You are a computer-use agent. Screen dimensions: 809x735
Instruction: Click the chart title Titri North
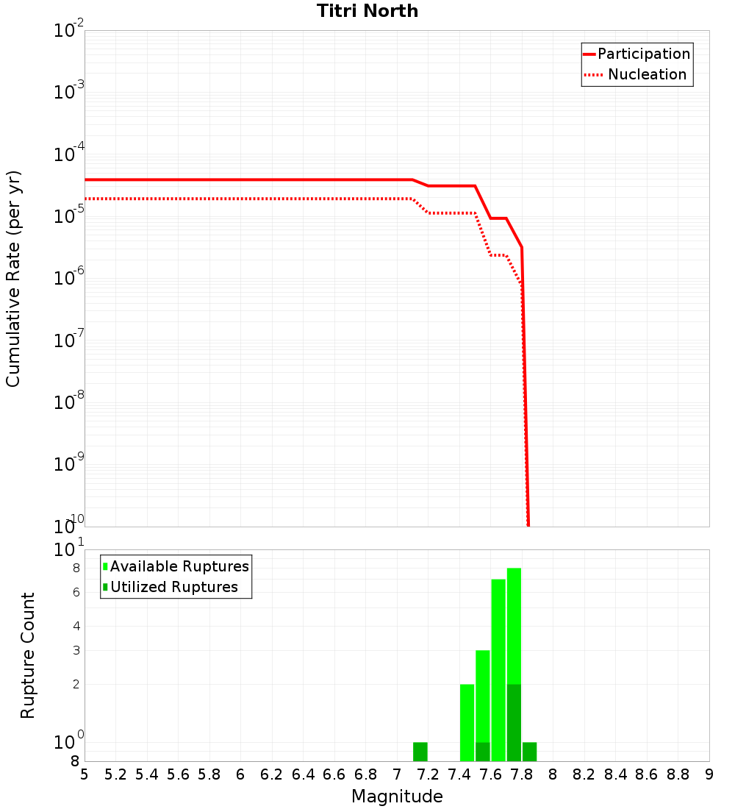(x=367, y=11)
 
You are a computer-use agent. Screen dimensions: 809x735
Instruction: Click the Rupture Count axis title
(x=28, y=655)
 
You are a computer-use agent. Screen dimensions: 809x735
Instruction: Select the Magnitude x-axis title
(x=397, y=796)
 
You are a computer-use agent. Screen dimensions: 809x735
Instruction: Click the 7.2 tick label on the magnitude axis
(x=428, y=774)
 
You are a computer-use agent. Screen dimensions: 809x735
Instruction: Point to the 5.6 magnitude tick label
(x=178, y=774)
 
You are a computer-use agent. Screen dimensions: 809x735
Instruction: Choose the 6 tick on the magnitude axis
(x=240, y=774)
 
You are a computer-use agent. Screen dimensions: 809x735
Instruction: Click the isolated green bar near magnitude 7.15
(x=420, y=752)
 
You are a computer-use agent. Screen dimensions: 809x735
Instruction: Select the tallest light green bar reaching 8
(x=514, y=625)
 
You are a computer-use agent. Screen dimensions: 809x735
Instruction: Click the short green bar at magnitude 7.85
(x=529, y=752)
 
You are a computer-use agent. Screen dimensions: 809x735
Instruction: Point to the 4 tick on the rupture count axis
(x=76, y=626)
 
